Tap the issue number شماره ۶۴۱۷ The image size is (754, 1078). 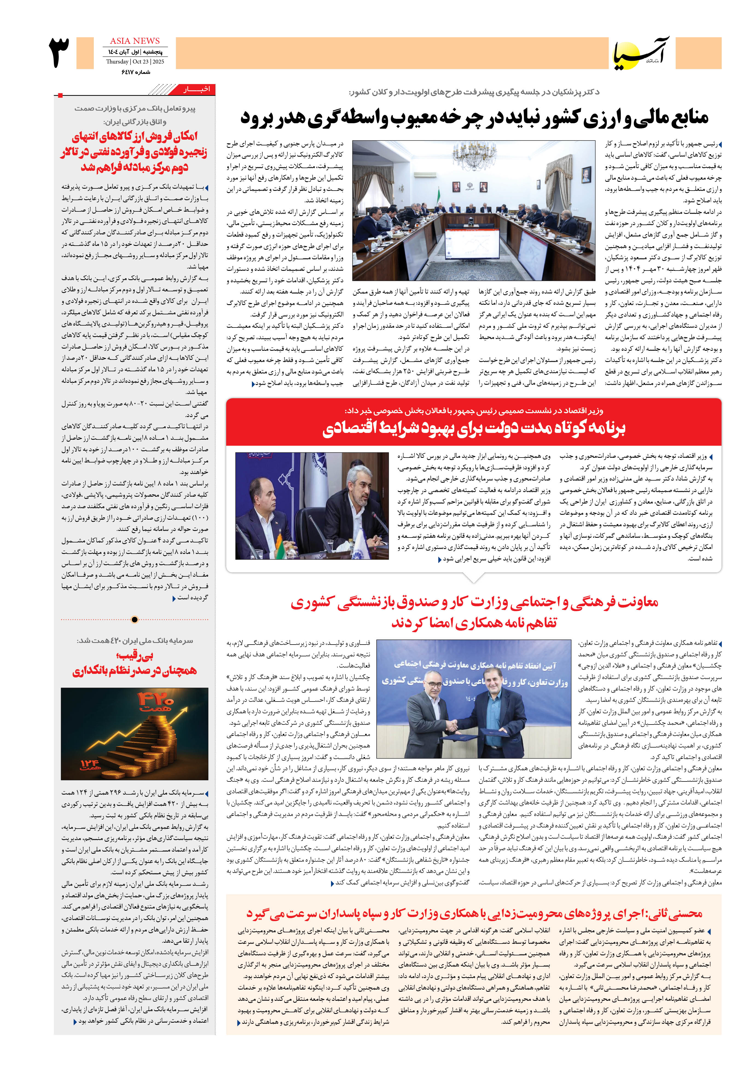[136, 72]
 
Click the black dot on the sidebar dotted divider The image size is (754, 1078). [135, 619]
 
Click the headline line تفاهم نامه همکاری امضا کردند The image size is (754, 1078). [474, 623]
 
